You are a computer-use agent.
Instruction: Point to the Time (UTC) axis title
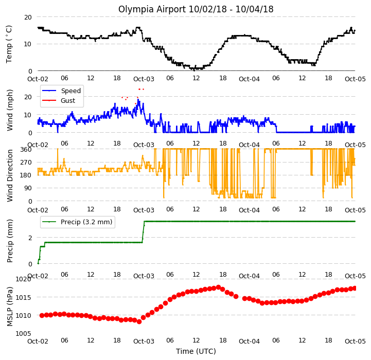tap(196, 351)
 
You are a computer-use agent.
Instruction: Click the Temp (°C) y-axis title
tap(9, 44)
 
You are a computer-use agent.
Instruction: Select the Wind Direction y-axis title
tap(10, 175)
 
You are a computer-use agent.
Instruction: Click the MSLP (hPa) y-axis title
tap(10, 307)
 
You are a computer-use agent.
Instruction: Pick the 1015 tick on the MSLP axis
tap(24, 297)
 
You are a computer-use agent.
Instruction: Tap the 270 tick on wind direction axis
tap(26, 163)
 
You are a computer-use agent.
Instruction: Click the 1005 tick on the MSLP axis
tap(24, 333)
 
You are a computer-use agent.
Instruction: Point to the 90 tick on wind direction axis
tap(28, 188)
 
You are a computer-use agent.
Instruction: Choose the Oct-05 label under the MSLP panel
tap(355, 341)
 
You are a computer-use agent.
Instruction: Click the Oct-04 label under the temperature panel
tap(249, 79)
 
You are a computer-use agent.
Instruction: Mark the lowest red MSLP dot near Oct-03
tap(139, 321)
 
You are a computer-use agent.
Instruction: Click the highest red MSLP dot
tap(218, 287)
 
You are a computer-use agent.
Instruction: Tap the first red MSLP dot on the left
tap(42, 315)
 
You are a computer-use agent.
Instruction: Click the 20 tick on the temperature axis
tap(28, 17)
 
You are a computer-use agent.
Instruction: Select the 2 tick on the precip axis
tap(30, 238)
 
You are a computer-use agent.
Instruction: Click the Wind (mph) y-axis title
tap(10, 110)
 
